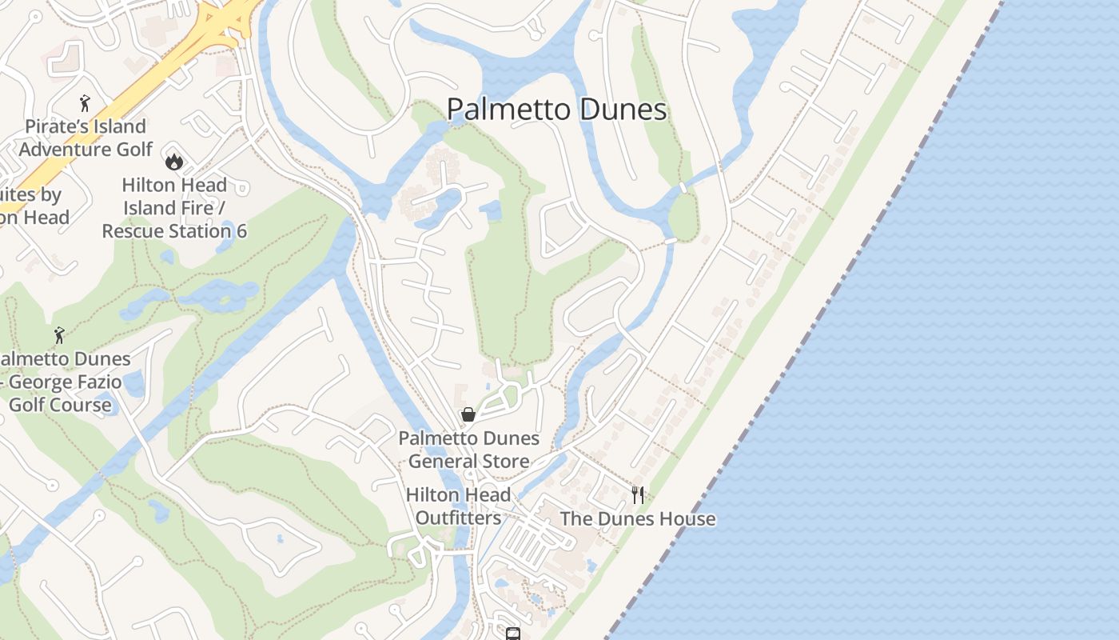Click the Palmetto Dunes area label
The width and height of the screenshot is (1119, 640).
[x=556, y=109]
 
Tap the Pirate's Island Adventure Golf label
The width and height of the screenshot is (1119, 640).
[x=86, y=138]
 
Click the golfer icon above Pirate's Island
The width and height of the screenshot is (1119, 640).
[x=85, y=102]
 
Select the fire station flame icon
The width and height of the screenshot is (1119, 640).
[x=174, y=162]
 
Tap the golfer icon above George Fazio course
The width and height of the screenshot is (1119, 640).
[x=58, y=334]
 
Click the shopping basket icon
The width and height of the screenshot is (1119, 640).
[x=468, y=414]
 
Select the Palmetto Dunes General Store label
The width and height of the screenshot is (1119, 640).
[x=468, y=450]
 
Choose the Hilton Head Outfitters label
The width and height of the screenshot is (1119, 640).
[x=458, y=506]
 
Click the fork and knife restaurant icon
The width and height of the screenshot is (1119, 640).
[x=637, y=494]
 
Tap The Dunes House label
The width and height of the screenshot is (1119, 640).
[x=638, y=518]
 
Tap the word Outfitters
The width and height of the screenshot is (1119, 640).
[x=458, y=517]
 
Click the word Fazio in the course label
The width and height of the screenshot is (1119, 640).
[x=94, y=382]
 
